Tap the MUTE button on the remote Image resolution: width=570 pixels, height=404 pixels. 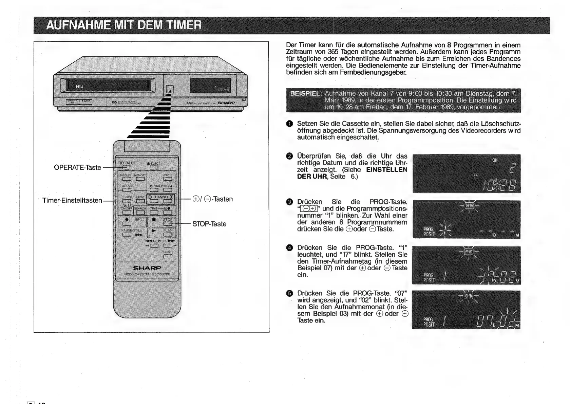167,179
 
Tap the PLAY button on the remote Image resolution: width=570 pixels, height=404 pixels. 168,235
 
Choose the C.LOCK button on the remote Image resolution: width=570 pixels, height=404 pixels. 168,256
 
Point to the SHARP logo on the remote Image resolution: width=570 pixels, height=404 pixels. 147,268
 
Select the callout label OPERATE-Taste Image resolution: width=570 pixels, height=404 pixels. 77,167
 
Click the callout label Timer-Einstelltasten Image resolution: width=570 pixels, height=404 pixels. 72,200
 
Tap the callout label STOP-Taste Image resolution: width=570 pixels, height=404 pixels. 209,224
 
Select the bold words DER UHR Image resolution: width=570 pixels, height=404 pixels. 312,177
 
